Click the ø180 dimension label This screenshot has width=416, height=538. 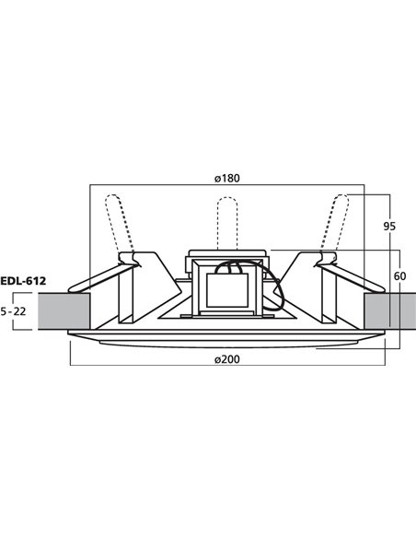click(x=227, y=178)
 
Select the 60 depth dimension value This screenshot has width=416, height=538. click(x=398, y=275)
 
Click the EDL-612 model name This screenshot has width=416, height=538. click(x=24, y=281)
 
